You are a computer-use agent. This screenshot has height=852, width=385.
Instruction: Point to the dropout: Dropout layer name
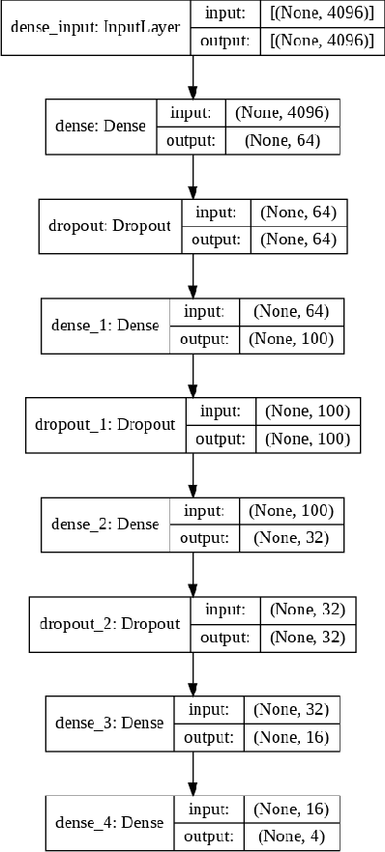pyautogui.click(x=109, y=225)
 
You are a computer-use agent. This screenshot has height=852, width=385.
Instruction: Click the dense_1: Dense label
pyautogui.click(x=105, y=326)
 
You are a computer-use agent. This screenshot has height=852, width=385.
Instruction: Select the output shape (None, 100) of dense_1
pyautogui.click(x=291, y=339)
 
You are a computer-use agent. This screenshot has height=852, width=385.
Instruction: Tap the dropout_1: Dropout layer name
pyautogui.click(x=105, y=425)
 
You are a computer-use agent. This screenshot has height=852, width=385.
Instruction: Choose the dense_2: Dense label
pyautogui.click(x=105, y=525)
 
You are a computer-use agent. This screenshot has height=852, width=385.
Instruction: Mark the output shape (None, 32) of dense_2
pyautogui.click(x=291, y=538)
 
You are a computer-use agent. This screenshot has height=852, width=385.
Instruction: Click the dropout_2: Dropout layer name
pyautogui.click(x=110, y=623)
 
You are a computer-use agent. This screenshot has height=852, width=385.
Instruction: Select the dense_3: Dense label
pyautogui.click(x=109, y=723)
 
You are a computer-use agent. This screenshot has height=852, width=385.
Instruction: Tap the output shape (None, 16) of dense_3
pyautogui.click(x=291, y=737)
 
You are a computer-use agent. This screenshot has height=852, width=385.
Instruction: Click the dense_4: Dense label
pyautogui.click(x=109, y=823)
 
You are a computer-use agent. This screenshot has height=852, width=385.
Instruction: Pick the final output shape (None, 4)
pyautogui.click(x=291, y=837)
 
